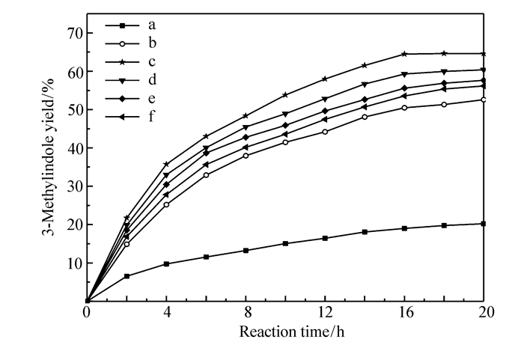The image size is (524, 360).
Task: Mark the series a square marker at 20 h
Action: [484, 224]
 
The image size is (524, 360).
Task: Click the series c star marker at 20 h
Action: [484, 54]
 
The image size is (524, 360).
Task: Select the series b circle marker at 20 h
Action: [484, 100]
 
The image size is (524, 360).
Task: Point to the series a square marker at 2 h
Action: [127, 276]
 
